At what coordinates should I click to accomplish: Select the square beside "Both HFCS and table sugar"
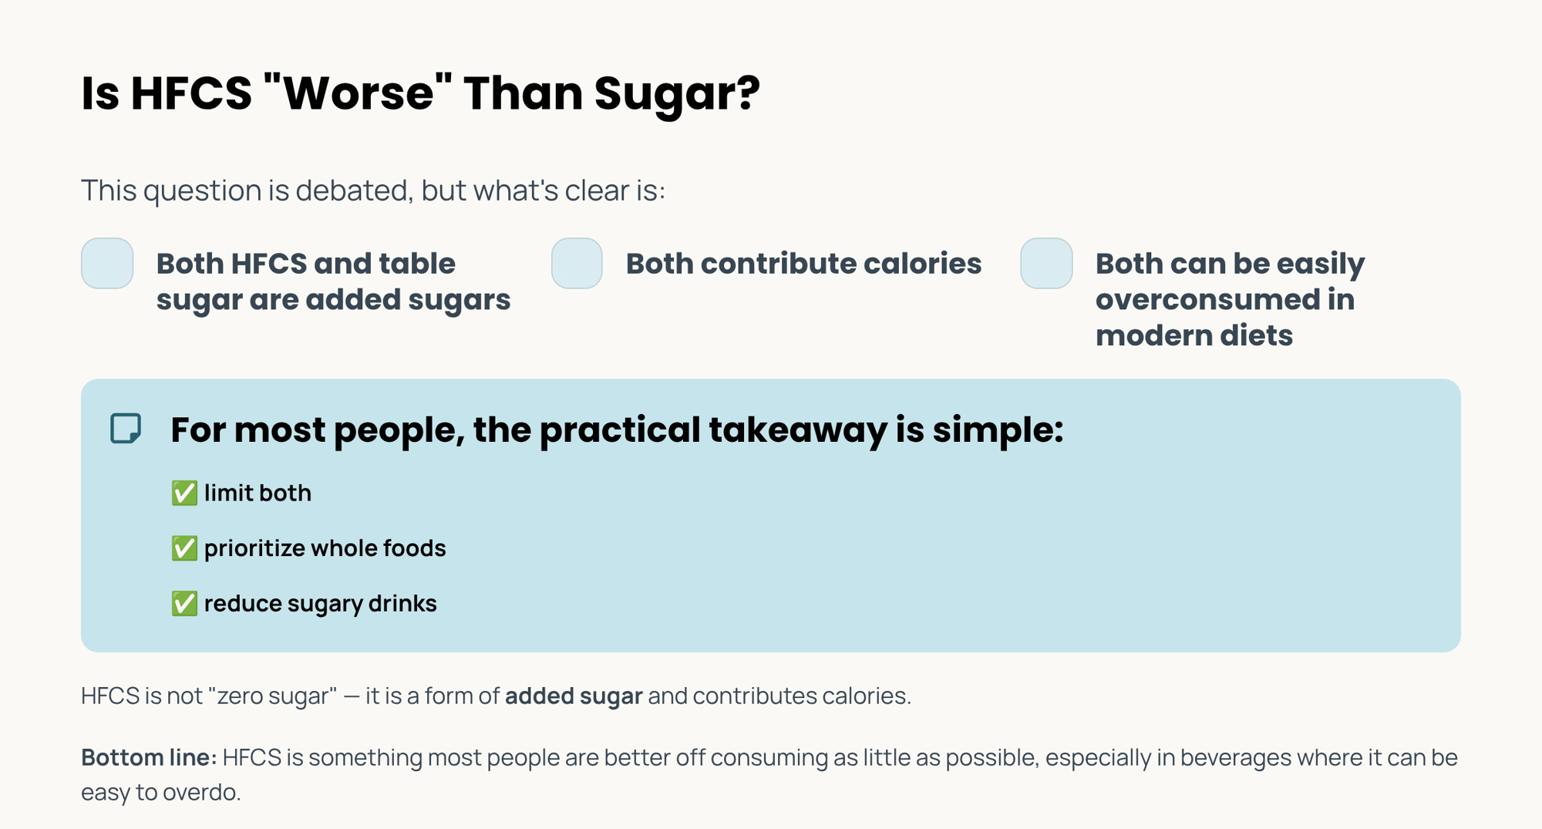click(107, 264)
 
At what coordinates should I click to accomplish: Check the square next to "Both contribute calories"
click(577, 264)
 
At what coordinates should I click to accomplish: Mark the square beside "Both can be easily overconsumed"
click(1046, 264)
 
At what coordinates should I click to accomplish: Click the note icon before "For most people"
click(126, 429)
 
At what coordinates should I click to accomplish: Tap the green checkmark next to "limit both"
click(184, 493)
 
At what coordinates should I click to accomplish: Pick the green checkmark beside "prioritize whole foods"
click(184, 548)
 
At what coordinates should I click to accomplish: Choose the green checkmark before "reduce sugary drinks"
click(184, 603)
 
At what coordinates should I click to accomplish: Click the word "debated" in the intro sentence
click(353, 190)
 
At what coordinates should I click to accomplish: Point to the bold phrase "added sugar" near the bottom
click(574, 696)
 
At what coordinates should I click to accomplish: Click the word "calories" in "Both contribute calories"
click(922, 264)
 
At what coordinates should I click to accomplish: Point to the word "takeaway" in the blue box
click(797, 430)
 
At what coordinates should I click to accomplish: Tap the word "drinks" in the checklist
click(402, 603)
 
